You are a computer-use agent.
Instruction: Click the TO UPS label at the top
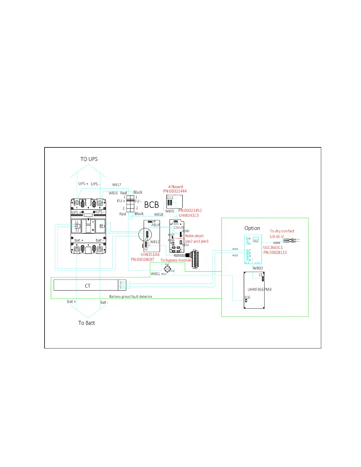89,159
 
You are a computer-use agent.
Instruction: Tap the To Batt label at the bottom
86,323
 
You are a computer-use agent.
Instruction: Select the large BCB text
151,205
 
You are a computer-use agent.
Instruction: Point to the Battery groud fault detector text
131,297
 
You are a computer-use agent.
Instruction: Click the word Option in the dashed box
252,228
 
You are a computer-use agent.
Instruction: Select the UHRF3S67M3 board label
259,290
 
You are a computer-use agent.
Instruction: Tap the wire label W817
116,185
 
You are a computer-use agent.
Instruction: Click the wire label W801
155,274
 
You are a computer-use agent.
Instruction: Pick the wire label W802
258,268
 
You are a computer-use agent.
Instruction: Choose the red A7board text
175,187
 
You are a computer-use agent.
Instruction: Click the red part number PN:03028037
142,260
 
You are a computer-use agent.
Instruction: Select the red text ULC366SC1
273,248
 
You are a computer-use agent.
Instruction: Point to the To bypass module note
175,260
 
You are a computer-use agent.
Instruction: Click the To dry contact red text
282,231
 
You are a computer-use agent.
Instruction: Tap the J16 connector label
247,297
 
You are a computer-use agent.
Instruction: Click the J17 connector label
261,275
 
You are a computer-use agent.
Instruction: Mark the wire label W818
158,215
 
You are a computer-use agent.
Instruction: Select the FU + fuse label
121,201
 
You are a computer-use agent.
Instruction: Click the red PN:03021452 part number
190,211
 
